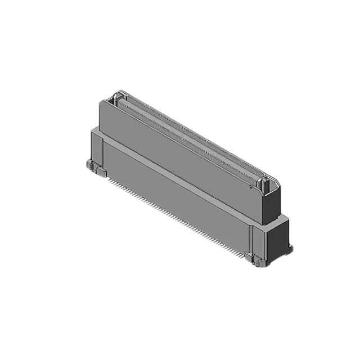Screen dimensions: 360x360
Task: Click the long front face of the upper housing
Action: click(x=180, y=160)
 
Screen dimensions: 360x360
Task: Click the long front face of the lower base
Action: click(x=174, y=197)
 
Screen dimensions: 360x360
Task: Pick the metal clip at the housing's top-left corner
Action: click(x=116, y=98)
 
